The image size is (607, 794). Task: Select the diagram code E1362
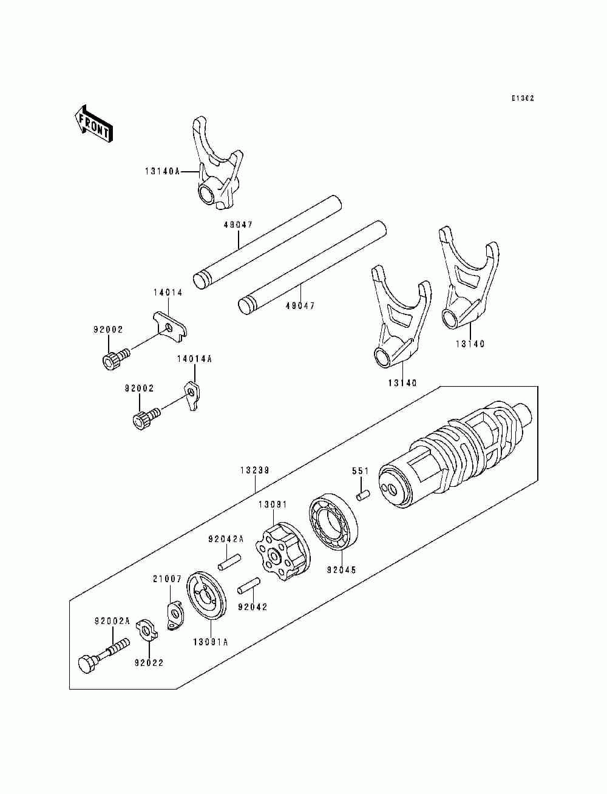coord(522,98)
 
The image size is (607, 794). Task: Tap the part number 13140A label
coord(162,172)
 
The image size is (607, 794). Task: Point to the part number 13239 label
coord(255,470)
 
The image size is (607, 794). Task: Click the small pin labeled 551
coord(363,495)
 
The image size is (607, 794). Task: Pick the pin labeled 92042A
coord(231,562)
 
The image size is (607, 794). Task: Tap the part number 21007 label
coord(167,579)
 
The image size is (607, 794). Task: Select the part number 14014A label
coord(194,359)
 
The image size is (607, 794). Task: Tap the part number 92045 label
coord(342,570)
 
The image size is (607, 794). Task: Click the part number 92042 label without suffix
coord(253,606)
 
